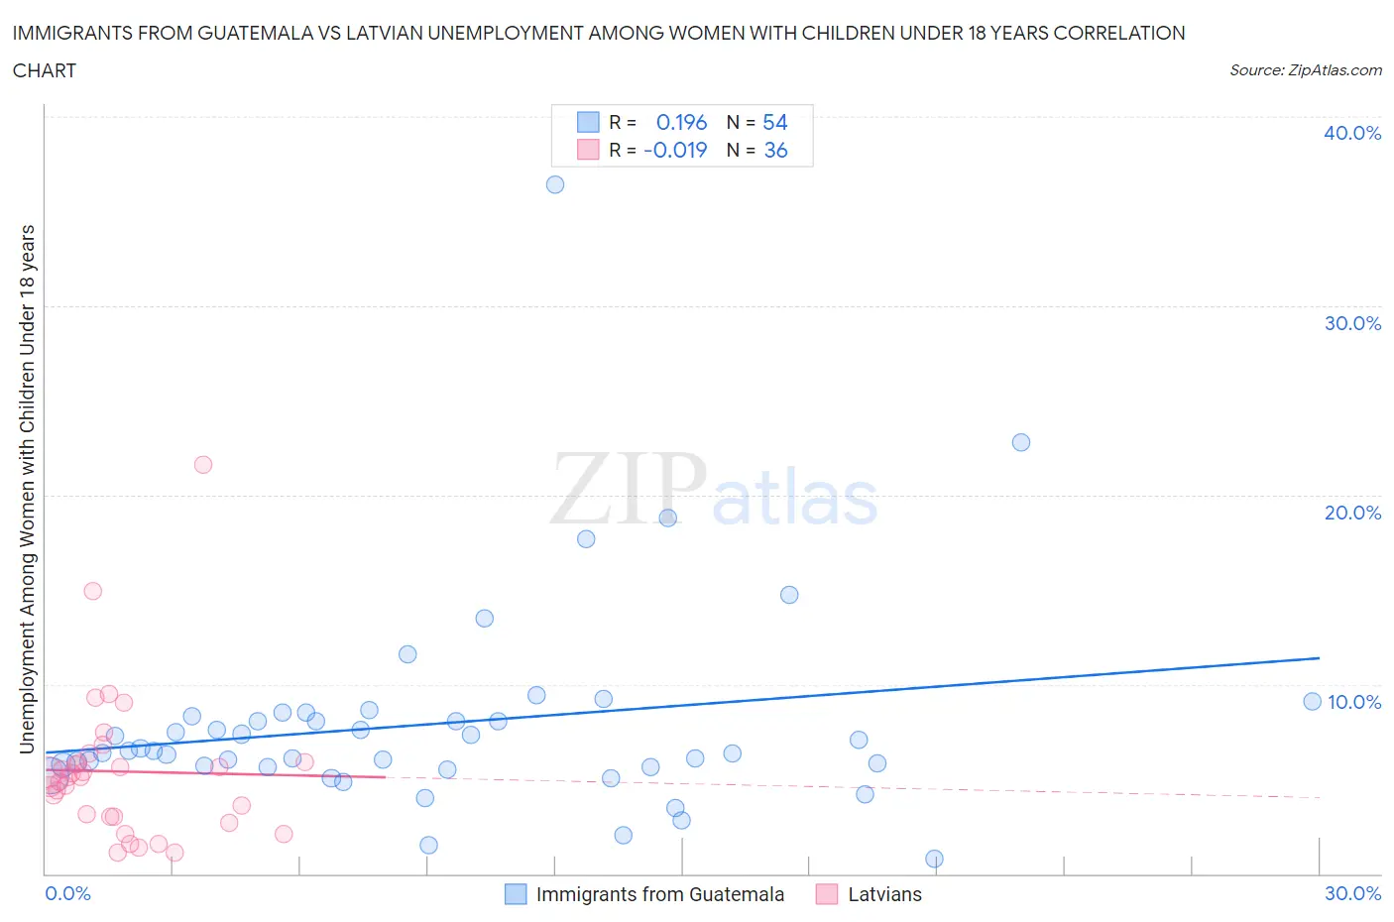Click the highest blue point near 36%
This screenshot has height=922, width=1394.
point(555,184)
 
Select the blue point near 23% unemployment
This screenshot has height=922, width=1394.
point(1021,442)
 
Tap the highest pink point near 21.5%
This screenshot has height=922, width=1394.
point(203,464)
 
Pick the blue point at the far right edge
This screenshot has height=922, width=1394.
point(1312,701)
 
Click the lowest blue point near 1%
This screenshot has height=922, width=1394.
point(934,859)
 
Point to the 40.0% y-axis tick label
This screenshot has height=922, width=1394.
point(1352,133)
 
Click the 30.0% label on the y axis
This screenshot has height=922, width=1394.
point(1352,323)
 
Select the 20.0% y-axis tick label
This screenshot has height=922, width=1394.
point(1352,513)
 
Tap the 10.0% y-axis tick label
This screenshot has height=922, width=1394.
point(1353,702)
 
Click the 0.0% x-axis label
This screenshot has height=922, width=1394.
point(67,893)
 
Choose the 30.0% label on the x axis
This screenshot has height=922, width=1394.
point(1352,893)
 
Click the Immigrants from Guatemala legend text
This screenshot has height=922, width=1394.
point(659,894)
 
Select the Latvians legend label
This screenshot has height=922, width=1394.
point(884,894)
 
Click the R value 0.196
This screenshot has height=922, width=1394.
point(681,122)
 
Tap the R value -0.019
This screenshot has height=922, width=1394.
point(675,150)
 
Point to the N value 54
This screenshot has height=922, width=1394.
point(774,122)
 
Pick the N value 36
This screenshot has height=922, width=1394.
point(775,150)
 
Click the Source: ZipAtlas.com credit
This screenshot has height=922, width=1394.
point(1305,69)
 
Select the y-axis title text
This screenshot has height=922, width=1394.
point(27,489)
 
